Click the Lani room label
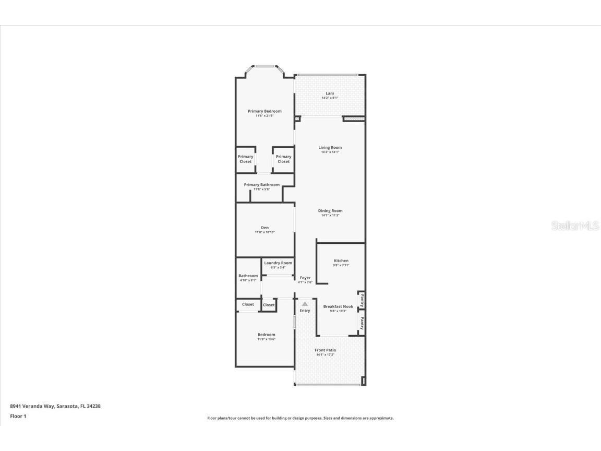pyautogui.click(x=330, y=93)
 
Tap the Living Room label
pyautogui.click(x=330, y=147)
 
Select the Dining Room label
pyautogui.click(x=330, y=211)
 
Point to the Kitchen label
pyautogui.click(x=341, y=260)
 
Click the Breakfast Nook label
pyautogui.click(x=338, y=306)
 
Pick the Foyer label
pyautogui.click(x=305, y=278)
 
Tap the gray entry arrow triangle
pyautogui.click(x=305, y=303)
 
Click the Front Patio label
pyautogui.click(x=325, y=350)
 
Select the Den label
pyautogui.click(x=265, y=228)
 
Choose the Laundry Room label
pyautogui.click(x=278, y=263)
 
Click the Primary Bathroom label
pyautogui.click(x=261, y=185)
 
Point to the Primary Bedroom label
pyautogui.click(x=265, y=111)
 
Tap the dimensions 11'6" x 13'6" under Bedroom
pyautogui.click(x=266, y=339)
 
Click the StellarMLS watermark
pyautogui.click(x=575, y=226)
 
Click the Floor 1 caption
pyautogui.click(x=18, y=416)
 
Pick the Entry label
pyautogui.click(x=305, y=311)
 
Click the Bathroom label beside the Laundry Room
pyautogui.click(x=248, y=276)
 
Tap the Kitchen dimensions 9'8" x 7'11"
pyautogui.click(x=341, y=265)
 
